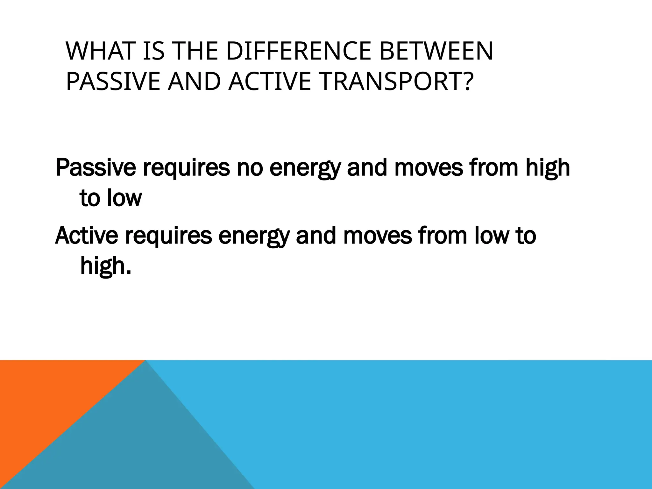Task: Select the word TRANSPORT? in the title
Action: (x=395, y=81)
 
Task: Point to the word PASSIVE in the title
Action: (x=113, y=81)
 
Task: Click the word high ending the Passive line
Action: (x=547, y=168)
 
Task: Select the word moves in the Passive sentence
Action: (x=429, y=168)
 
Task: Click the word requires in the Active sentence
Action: (x=168, y=237)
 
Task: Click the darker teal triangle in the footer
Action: (x=134, y=446)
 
